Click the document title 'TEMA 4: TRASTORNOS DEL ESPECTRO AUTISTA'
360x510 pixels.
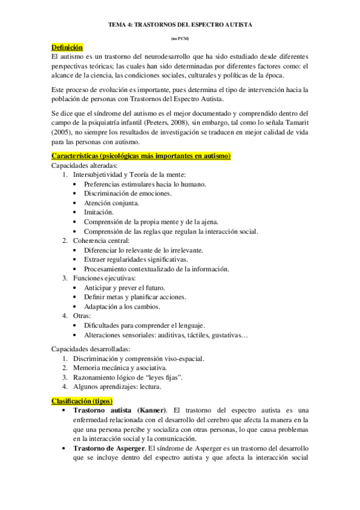[x=180, y=26]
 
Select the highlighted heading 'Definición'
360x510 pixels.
[x=67, y=48]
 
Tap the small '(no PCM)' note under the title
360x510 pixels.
[x=180, y=38]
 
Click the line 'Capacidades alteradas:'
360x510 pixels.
[x=84, y=165]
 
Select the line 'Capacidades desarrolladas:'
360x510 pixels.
[x=91, y=349]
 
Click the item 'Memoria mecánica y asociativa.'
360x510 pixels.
[x=120, y=367]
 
